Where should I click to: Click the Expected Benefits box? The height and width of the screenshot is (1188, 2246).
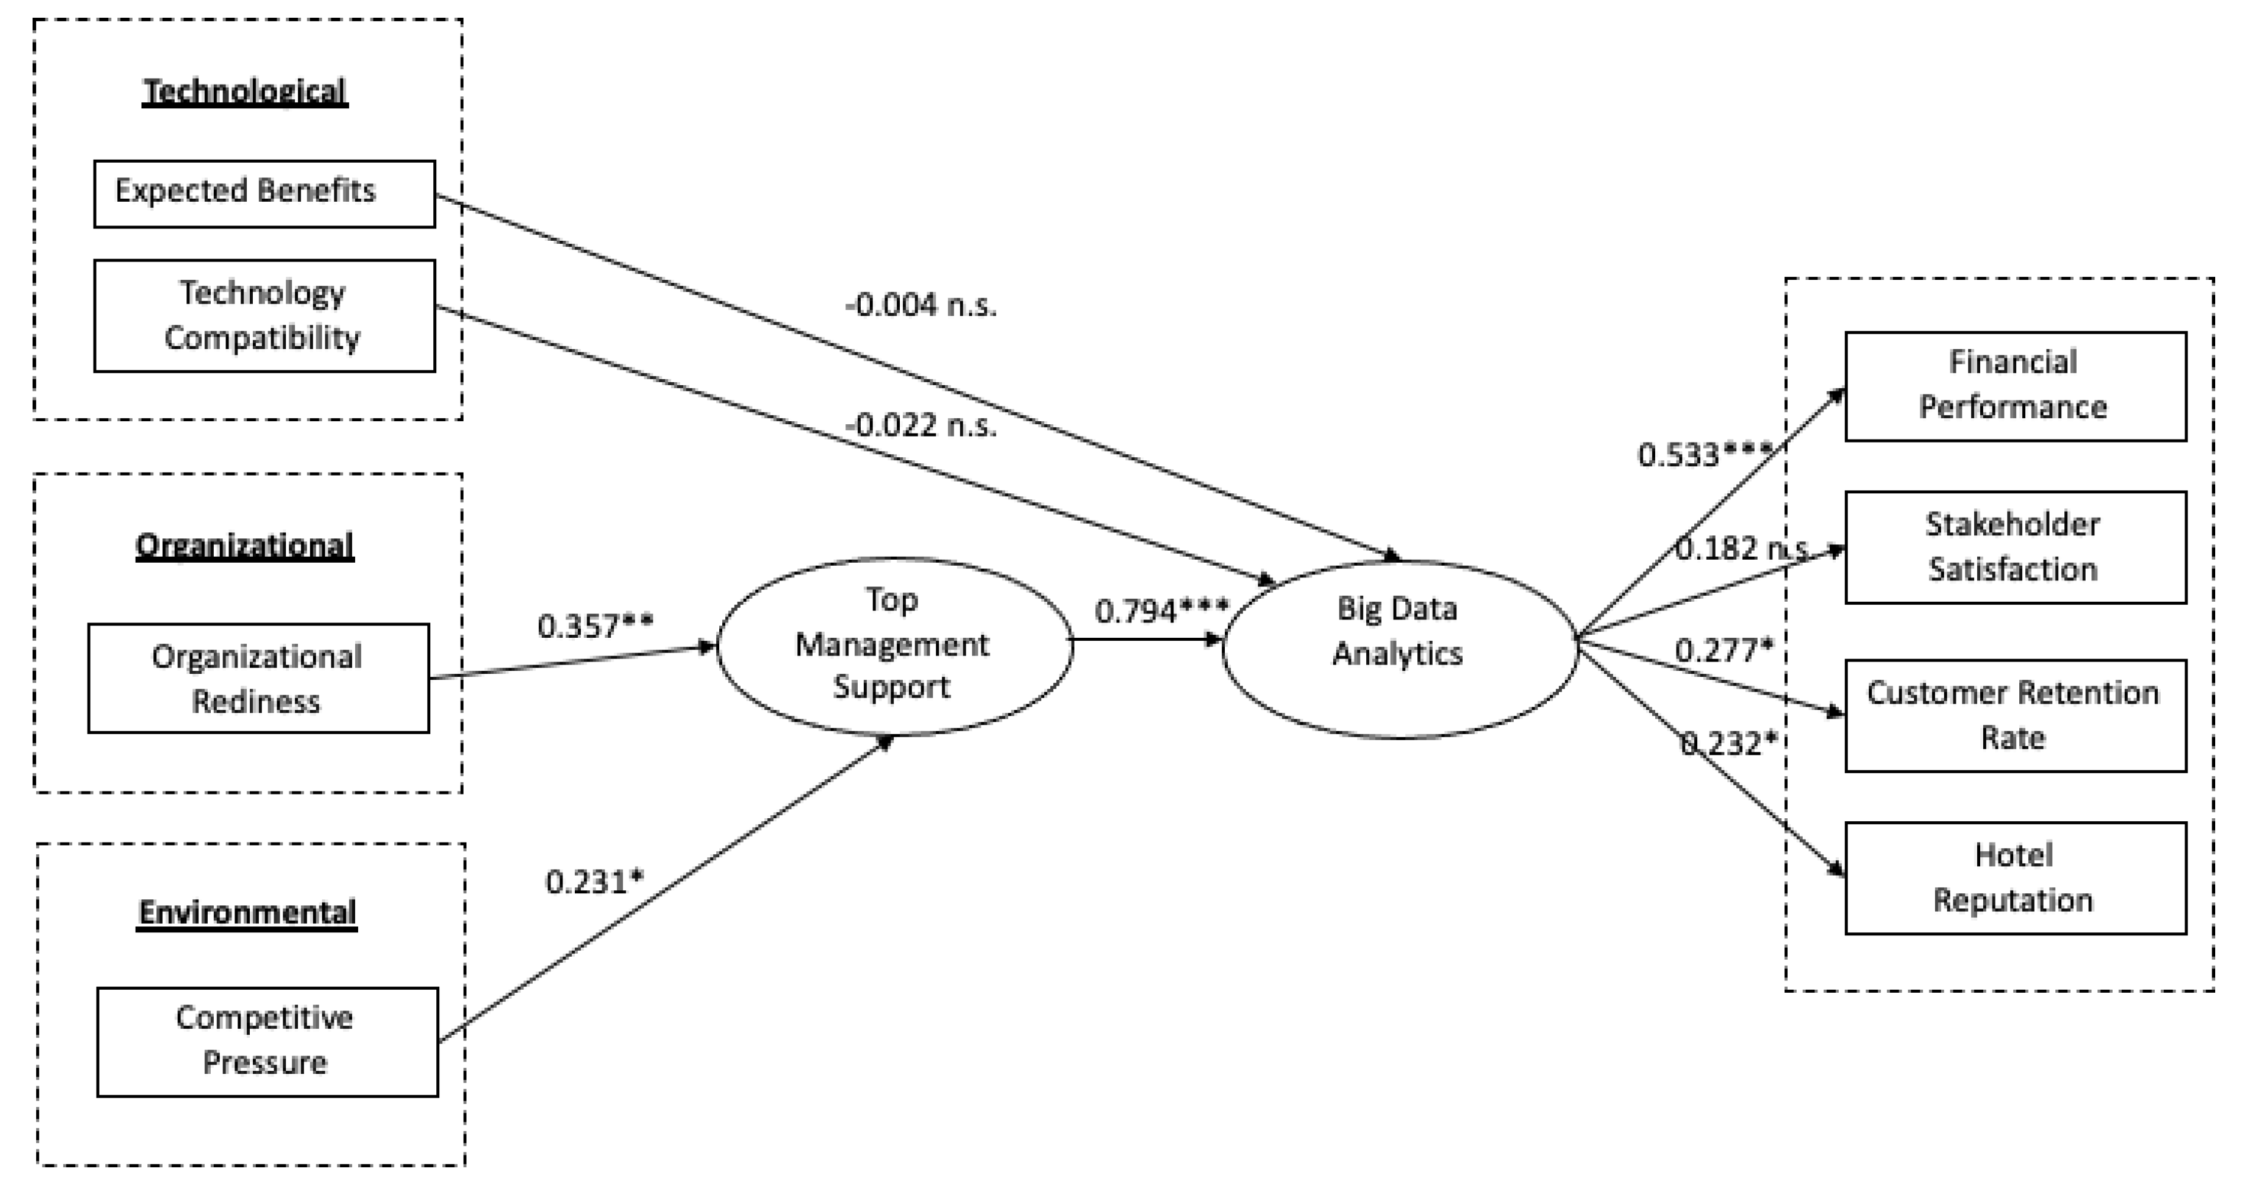(x=264, y=193)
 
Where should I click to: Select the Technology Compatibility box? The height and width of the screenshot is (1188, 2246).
(x=264, y=315)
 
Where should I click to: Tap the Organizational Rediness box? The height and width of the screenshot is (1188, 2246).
(x=258, y=678)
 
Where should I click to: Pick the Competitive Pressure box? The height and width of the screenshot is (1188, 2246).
(x=267, y=1041)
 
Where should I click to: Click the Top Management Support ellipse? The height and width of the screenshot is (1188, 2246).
(x=894, y=645)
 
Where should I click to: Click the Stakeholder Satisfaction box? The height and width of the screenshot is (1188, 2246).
(x=2015, y=547)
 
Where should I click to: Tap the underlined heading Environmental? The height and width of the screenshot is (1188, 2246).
(x=247, y=912)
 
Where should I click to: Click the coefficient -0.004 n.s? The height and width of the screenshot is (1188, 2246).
(x=921, y=305)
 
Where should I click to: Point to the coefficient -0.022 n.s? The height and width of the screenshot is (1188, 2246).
(x=921, y=425)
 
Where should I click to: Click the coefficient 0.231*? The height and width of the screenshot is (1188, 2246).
(x=594, y=882)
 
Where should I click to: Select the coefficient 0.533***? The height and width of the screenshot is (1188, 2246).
(x=1704, y=454)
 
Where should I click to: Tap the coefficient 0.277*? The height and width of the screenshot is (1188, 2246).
(x=1724, y=650)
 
